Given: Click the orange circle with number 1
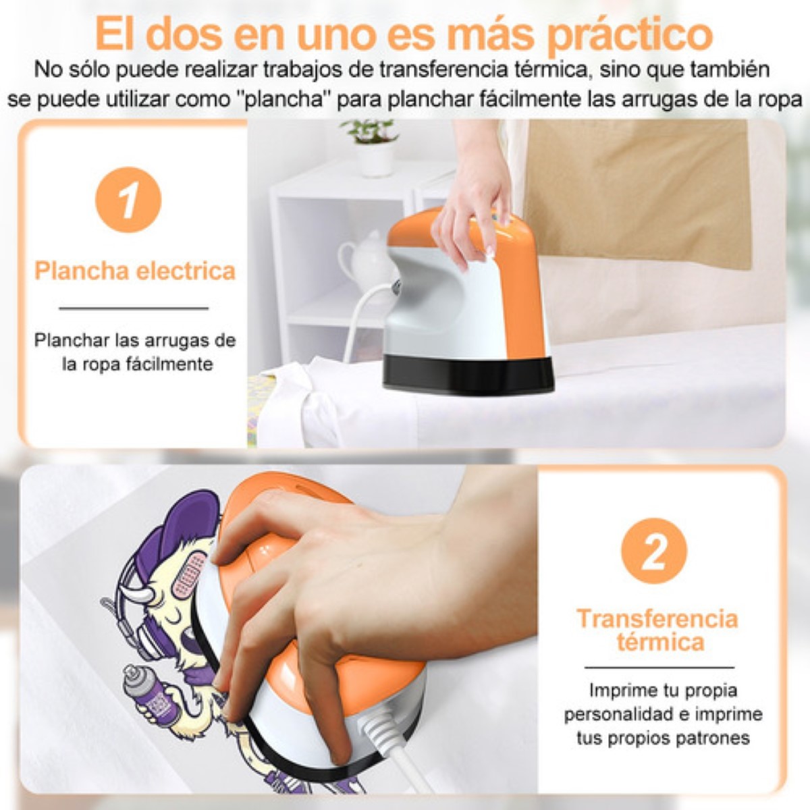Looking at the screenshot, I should coord(128,200).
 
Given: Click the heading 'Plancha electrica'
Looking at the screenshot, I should coord(135,271).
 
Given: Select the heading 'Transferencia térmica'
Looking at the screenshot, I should coord(657,630).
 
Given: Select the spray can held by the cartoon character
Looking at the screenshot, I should coord(148,695).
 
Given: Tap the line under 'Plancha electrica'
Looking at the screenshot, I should coord(134,308).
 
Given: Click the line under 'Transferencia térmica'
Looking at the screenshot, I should coord(657,668).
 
